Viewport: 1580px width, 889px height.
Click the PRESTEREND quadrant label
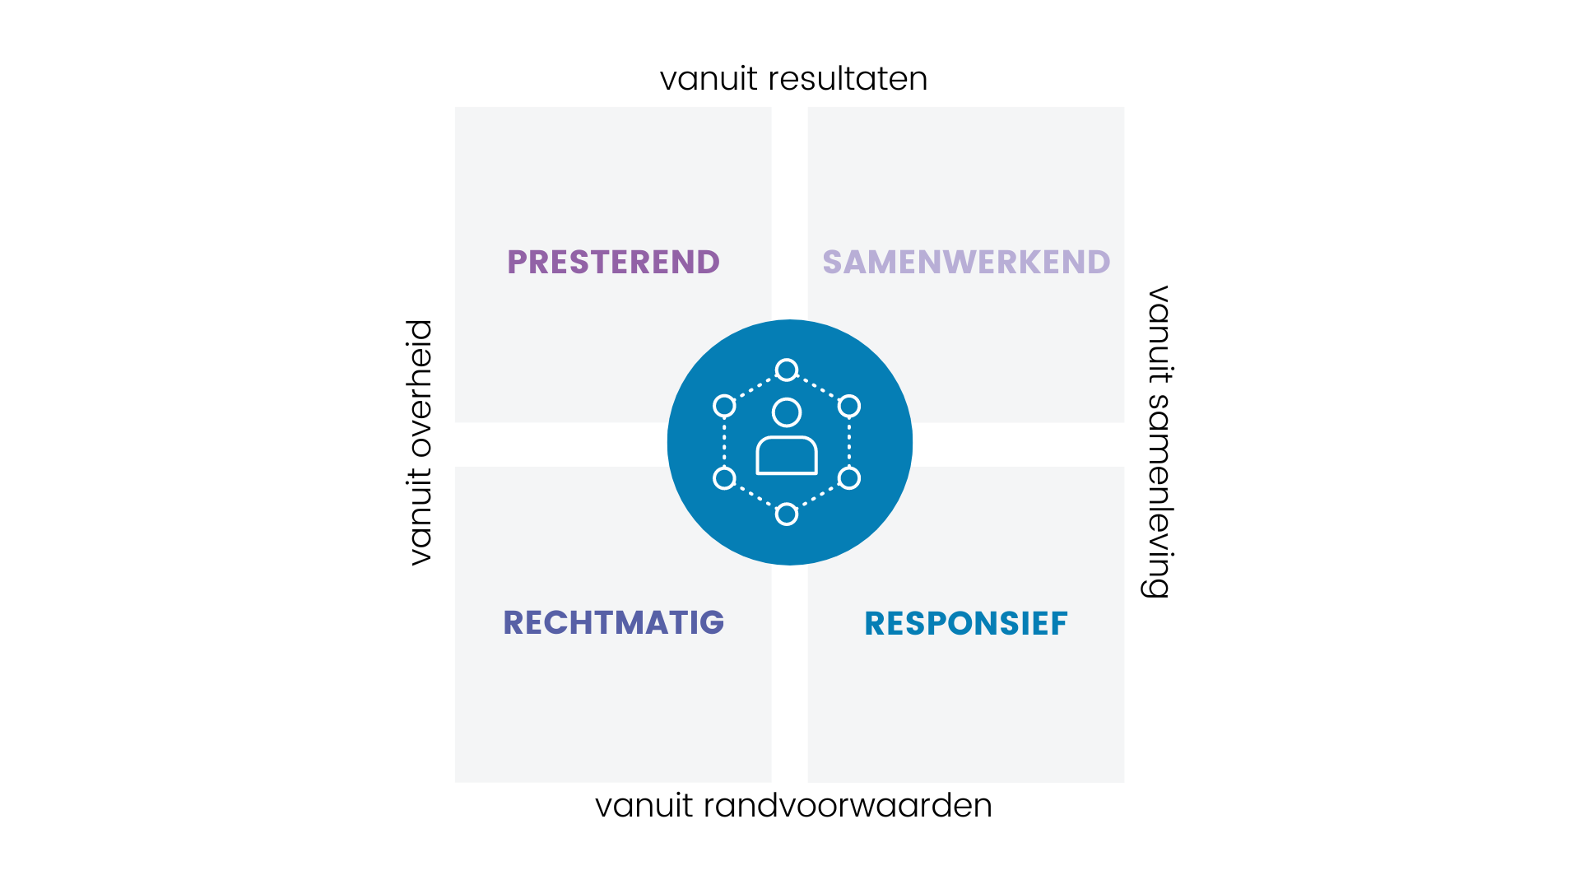click(613, 263)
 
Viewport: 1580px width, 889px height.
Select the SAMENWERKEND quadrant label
click(966, 263)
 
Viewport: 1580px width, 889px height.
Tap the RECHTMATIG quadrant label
click(613, 623)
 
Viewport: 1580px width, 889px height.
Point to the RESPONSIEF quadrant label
click(966, 624)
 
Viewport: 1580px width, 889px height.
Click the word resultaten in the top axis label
click(848, 79)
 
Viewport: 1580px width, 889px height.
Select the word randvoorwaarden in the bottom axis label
click(848, 806)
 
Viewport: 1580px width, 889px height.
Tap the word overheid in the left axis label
click(420, 389)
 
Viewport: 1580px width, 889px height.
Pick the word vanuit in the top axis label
click(709, 79)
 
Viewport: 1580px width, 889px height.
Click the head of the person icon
click(787, 412)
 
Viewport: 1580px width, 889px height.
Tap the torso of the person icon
click(787, 456)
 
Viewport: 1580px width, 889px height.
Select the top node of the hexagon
click(787, 370)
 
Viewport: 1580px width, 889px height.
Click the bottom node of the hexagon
click(787, 514)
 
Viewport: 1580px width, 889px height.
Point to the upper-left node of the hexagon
click(724, 406)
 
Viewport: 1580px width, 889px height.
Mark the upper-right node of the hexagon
click(849, 406)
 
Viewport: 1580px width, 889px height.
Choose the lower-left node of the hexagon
click(724, 478)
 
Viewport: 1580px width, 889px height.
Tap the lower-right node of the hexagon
click(849, 478)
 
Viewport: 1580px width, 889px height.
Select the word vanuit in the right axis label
click(1159, 334)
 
